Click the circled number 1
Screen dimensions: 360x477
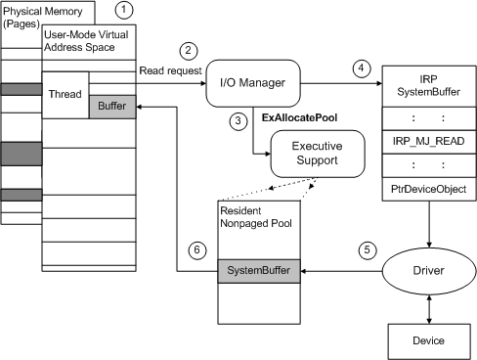click(x=123, y=12)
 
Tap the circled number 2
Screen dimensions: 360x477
click(x=189, y=50)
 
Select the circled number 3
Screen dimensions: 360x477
click(x=237, y=120)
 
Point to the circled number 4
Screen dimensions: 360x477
click(x=363, y=67)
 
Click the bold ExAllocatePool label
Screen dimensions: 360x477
click(x=299, y=117)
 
